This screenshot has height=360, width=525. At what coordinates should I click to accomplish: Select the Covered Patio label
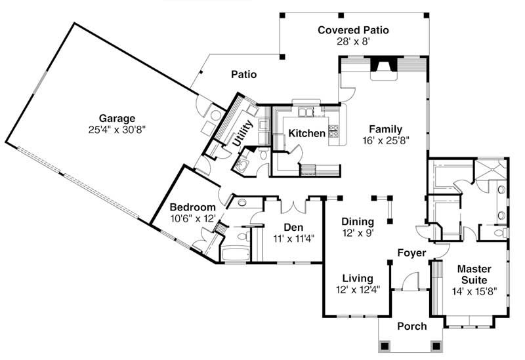click(353, 30)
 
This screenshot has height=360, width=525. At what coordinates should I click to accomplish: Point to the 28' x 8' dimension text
click(353, 41)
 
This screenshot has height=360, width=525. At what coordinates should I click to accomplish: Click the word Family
click(385, 129)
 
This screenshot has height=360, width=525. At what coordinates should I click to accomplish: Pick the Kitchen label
click(307, 134)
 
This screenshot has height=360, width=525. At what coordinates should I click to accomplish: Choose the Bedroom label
click(193, 207)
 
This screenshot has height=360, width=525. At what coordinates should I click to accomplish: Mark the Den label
click(292, 228)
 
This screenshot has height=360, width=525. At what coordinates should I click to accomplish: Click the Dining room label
click(358, 221)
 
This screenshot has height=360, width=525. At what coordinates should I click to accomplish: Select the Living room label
click(357, 278)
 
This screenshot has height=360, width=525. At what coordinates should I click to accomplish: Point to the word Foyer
click(412, 252)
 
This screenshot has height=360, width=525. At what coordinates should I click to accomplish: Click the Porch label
click(413, 326)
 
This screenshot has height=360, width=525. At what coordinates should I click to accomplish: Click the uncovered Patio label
click(243, 75)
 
